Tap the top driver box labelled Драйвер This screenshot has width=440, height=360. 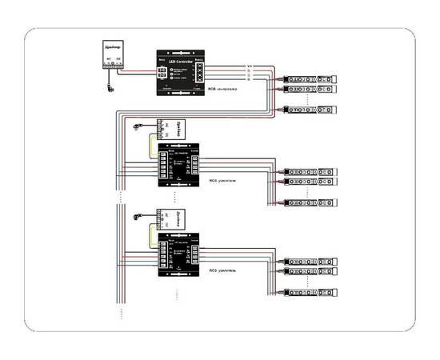(x=113, y=53)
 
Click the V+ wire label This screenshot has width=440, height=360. (x=249, y=66)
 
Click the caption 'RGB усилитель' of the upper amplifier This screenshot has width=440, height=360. (x=223, y=181)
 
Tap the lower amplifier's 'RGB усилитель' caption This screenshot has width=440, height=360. (x=223, y=271)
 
